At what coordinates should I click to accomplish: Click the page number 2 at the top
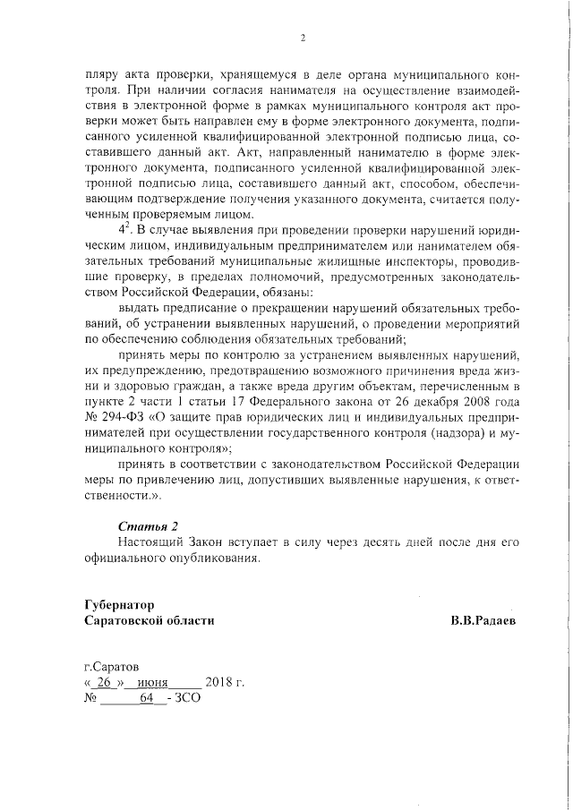[304, 38]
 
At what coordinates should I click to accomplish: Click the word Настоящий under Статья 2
[154, 541]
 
